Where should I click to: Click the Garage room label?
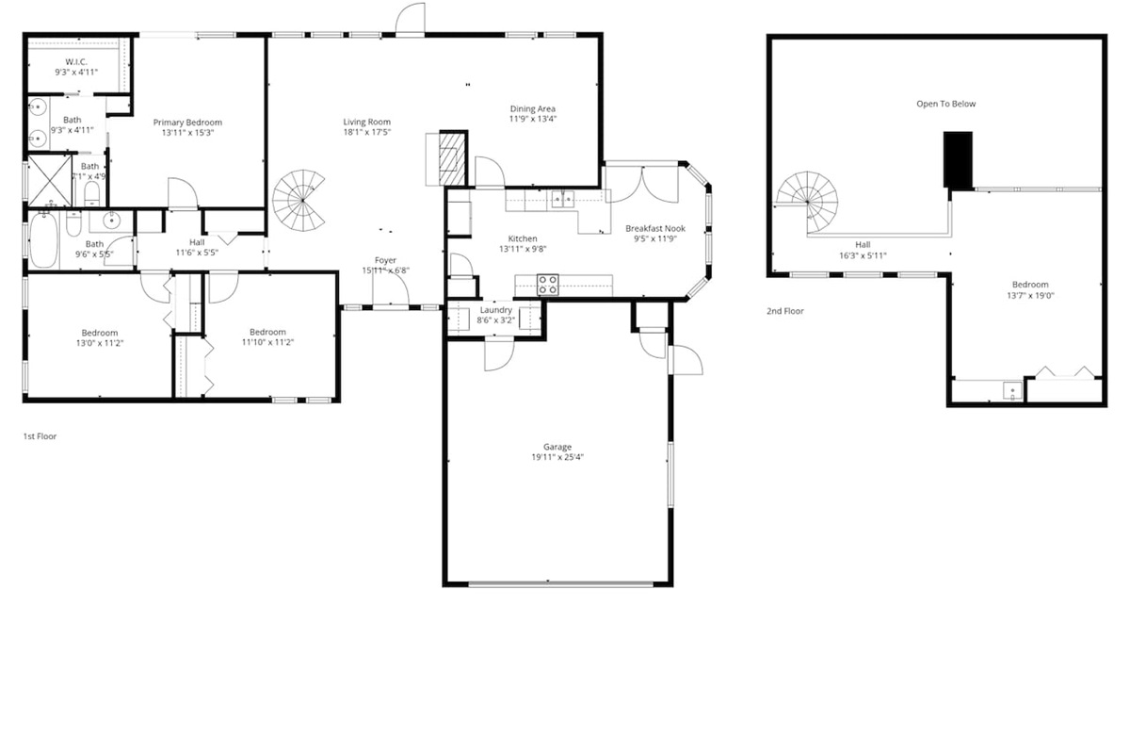tap(557, 447)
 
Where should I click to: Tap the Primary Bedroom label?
tap(187, 123)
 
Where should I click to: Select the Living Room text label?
tap(366, 122)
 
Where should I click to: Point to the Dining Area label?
tap(533, 108)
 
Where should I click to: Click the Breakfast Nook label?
tap(655, 228)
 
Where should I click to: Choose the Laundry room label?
tap(495, 310)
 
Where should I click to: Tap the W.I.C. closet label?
tap(75, 61)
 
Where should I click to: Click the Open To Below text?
tap(946, 104)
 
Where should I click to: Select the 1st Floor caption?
tap(40, 436)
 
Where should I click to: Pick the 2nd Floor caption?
tap(785, 310)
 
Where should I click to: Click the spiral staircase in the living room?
tap(302, 200)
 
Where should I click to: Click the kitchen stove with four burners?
tap(548, 284)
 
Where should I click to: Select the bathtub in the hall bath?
tap(44, 241)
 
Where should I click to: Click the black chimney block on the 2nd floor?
tap(959, 160)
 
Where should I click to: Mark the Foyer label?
tap(386, 260)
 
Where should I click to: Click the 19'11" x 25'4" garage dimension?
tap(557, 458)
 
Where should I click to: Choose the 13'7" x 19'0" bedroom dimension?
tap(1030, 296)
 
